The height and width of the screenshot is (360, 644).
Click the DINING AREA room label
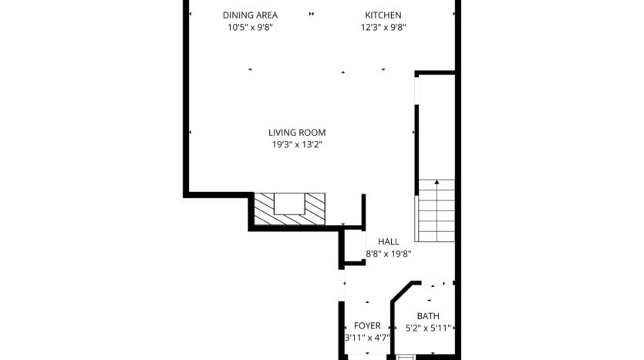point(250,15)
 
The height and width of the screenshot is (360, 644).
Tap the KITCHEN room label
point(383,15)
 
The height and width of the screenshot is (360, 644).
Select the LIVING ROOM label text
point(297,133)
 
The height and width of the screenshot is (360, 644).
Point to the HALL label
point(388,241)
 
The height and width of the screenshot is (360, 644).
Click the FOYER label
point(367,326)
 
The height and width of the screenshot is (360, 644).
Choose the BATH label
point(428,316)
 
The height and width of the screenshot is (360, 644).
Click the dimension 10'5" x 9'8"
point(250,28)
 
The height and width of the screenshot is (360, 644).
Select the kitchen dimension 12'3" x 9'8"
point(383,28)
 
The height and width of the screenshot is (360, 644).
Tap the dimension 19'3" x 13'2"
point(297,144)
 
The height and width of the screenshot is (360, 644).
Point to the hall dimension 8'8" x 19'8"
point(388,253)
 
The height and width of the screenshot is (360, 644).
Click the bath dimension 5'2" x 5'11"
point(428,328)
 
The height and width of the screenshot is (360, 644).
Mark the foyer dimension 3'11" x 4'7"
point(367,338)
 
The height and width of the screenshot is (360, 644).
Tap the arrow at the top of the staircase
point(437,183)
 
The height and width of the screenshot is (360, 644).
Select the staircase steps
point(436,216)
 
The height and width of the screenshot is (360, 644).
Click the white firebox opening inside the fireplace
point(290,203)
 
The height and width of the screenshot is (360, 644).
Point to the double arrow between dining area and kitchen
point(312,14)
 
